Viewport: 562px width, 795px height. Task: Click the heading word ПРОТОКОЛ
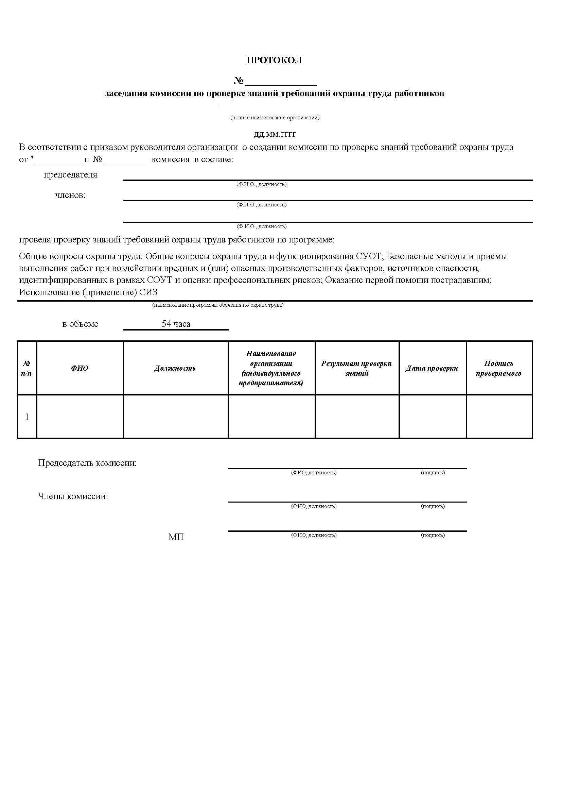[274, 60]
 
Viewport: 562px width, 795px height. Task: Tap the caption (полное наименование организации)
[275, 118]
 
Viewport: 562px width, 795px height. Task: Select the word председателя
[71, 175]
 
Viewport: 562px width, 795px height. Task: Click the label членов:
[71, 195]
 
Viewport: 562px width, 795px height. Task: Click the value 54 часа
[176, 324]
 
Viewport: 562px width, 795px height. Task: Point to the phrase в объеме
[80, 324]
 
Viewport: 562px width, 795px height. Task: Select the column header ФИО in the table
[80, 368]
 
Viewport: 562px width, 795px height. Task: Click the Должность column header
[175, 368]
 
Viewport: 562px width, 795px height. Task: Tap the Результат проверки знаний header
[357, 368]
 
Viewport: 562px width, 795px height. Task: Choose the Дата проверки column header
[432, 368]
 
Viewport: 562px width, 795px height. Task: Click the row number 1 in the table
[27, 417]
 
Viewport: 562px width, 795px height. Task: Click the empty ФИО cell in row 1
[80, 417]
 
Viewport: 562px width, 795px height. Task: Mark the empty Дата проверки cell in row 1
[433, 417]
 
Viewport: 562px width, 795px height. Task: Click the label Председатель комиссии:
[87, 463]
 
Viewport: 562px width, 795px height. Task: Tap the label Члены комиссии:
[73, 496]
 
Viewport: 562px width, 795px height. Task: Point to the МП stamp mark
[176, 537]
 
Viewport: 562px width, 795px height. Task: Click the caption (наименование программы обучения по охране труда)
[218, 305]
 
